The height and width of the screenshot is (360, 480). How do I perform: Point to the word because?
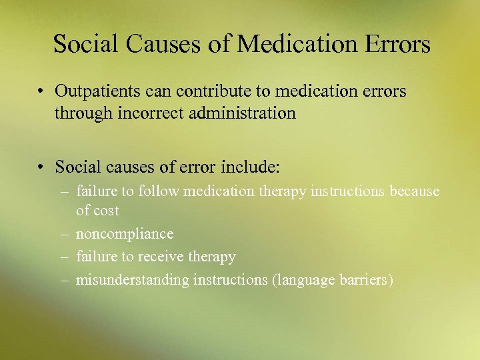(415, 192)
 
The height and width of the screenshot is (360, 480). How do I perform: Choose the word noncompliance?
(125, 234)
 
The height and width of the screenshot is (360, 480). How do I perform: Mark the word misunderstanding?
(133, 280)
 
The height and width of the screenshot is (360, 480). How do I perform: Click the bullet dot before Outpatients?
(41, 91)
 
